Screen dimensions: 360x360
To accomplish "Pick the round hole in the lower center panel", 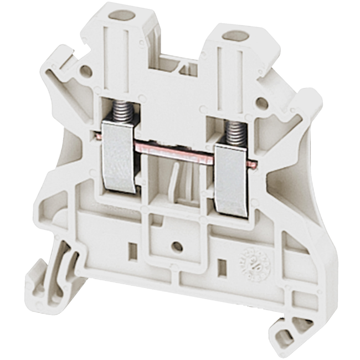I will (177, 245).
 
